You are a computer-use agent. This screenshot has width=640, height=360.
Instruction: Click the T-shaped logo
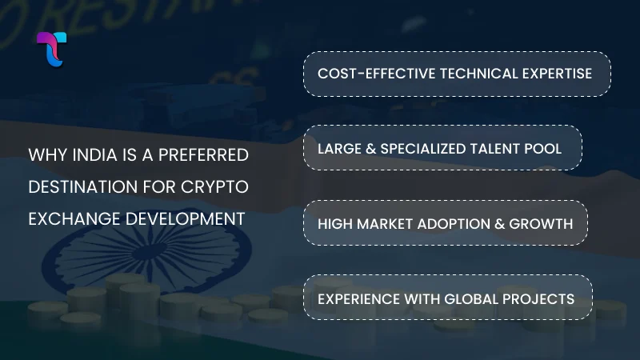52,49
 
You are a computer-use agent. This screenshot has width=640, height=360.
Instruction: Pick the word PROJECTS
543,298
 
